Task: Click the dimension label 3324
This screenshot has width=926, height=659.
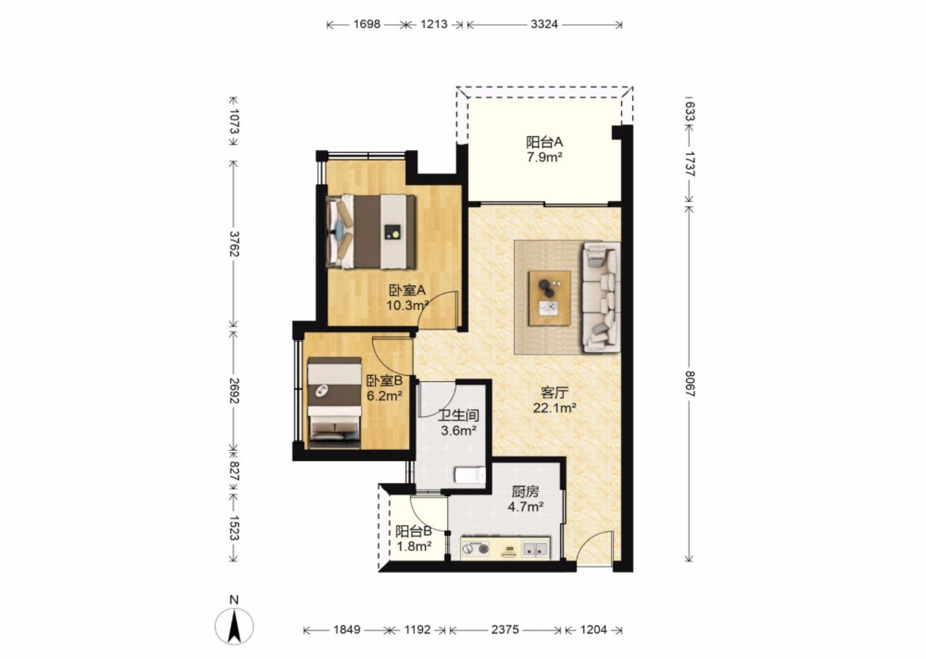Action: tap(544, 24)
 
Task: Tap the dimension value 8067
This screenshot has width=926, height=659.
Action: tap(689, 384)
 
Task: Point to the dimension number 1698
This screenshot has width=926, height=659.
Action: tap(367, 24)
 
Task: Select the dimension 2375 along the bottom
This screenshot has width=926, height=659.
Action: tap(505, 629)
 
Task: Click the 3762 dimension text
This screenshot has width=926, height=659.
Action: tap(234, 244)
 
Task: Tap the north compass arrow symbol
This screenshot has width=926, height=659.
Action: tap(234, 626)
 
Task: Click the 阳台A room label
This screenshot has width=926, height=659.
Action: tap(545, 142)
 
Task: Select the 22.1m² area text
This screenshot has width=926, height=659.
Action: tap(554, 408)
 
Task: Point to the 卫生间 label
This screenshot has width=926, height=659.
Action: tap(458, 415)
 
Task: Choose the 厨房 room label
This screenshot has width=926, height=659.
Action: tap(525, 492)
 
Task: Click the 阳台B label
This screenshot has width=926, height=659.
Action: tap(414, 531)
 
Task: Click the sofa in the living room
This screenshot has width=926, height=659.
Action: tap(601, 297)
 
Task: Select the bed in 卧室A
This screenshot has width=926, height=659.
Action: tap(370, 232)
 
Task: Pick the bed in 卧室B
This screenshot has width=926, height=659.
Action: tap(334, 403)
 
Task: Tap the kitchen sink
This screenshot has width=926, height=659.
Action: tap(536, 549)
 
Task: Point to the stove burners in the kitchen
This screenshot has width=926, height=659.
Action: tap(475, 549)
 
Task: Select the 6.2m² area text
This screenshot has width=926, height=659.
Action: tap(385, 396)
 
